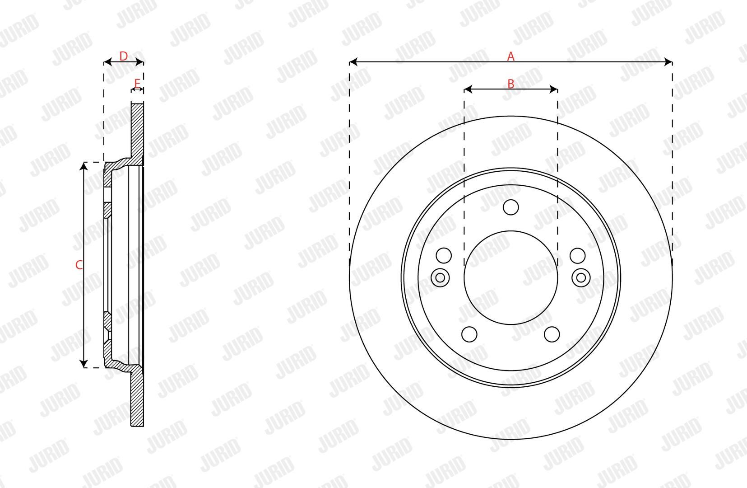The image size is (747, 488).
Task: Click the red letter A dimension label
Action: click(x=510, y=56)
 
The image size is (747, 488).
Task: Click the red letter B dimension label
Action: click(x=510, y=84)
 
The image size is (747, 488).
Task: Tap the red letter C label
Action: click(x=79, y=265)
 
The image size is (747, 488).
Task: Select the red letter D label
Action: click(x=123, y=56)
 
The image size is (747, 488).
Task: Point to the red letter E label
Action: click(x=137, y=83)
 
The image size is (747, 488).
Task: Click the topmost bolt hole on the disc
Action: click(x=510, y=207)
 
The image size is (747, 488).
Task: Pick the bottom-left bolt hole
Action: click(x=469, y=334)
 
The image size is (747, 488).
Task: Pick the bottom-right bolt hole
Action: click(x=552, y=334)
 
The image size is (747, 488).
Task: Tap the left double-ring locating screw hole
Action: click(x=440, y=278)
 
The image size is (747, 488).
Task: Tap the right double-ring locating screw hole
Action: click(x=581, y=278)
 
